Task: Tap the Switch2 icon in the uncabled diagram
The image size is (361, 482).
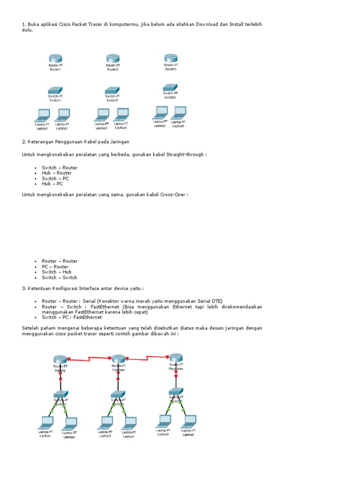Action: [x=112, y=89]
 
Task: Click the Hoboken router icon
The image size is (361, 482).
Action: [x=118, y=358]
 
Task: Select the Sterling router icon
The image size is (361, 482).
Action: [x=60, y=359]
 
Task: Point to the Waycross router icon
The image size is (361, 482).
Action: [x=176, y=357]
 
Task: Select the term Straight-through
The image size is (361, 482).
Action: [x=182, y=154]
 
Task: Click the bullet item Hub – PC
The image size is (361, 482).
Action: [x=52, y=184]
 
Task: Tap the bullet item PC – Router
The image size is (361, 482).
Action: [x=55, y=266]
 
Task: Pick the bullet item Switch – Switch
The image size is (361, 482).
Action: [x=59, y=277]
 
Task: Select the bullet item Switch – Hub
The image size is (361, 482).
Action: [x=56, y=272]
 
